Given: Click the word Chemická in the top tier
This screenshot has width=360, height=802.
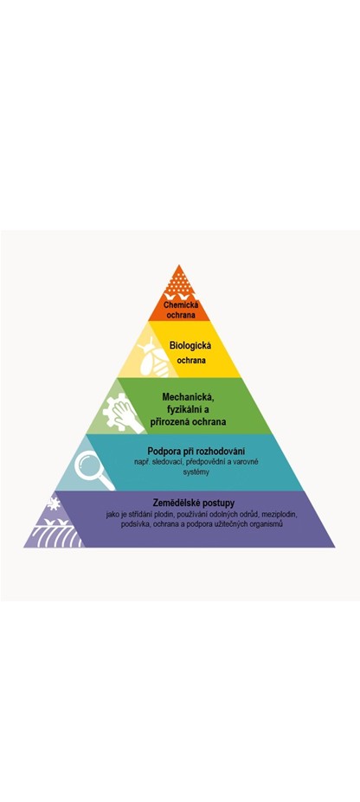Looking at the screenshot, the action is [179, 306].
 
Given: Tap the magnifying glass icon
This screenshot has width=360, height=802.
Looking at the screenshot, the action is [93, 470].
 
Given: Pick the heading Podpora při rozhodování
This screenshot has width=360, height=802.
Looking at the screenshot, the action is [196, 452].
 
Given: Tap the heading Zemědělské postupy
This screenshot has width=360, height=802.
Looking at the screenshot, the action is [193, 504].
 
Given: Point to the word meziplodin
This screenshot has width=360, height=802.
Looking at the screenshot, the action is [280, 515].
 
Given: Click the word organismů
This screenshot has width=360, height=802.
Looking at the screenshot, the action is [266, 525].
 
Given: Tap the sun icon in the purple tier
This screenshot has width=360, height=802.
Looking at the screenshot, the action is [54, 504].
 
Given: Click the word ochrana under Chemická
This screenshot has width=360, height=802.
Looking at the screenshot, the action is [180, 315].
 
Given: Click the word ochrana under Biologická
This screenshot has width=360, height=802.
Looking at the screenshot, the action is [191, 360].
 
